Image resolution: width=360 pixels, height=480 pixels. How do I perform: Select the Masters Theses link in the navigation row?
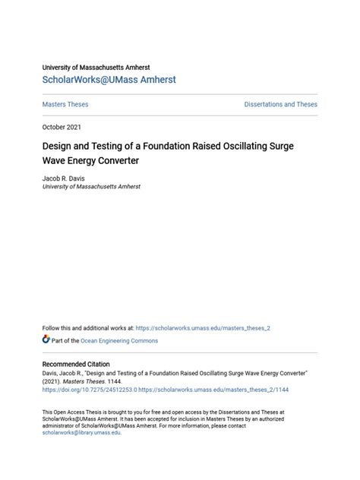click(65, 105)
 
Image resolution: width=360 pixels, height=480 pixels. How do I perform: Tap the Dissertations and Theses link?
click(280, 105)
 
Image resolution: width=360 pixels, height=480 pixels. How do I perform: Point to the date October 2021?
click(62, 127)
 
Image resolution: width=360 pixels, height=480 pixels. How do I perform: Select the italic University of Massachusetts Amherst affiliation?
click(91, 186)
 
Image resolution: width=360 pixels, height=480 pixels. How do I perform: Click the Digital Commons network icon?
click(46, 339)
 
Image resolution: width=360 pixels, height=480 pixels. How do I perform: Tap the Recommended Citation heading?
click(76, 365)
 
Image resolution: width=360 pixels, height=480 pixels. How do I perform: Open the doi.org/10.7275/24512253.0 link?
click(90, 390)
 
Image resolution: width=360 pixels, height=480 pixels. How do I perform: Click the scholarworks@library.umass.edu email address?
click(81, 432)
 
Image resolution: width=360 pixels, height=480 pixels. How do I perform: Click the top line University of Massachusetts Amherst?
click(96, 68)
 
